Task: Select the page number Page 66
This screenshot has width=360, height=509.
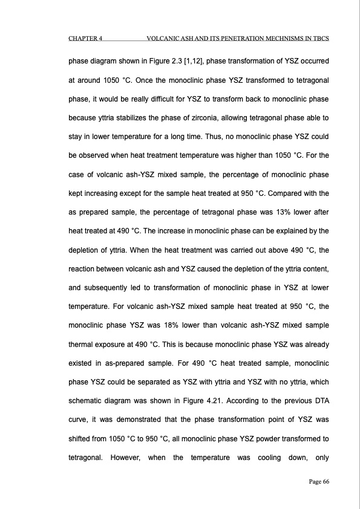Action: pyautogui.click(x=316, y=481)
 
